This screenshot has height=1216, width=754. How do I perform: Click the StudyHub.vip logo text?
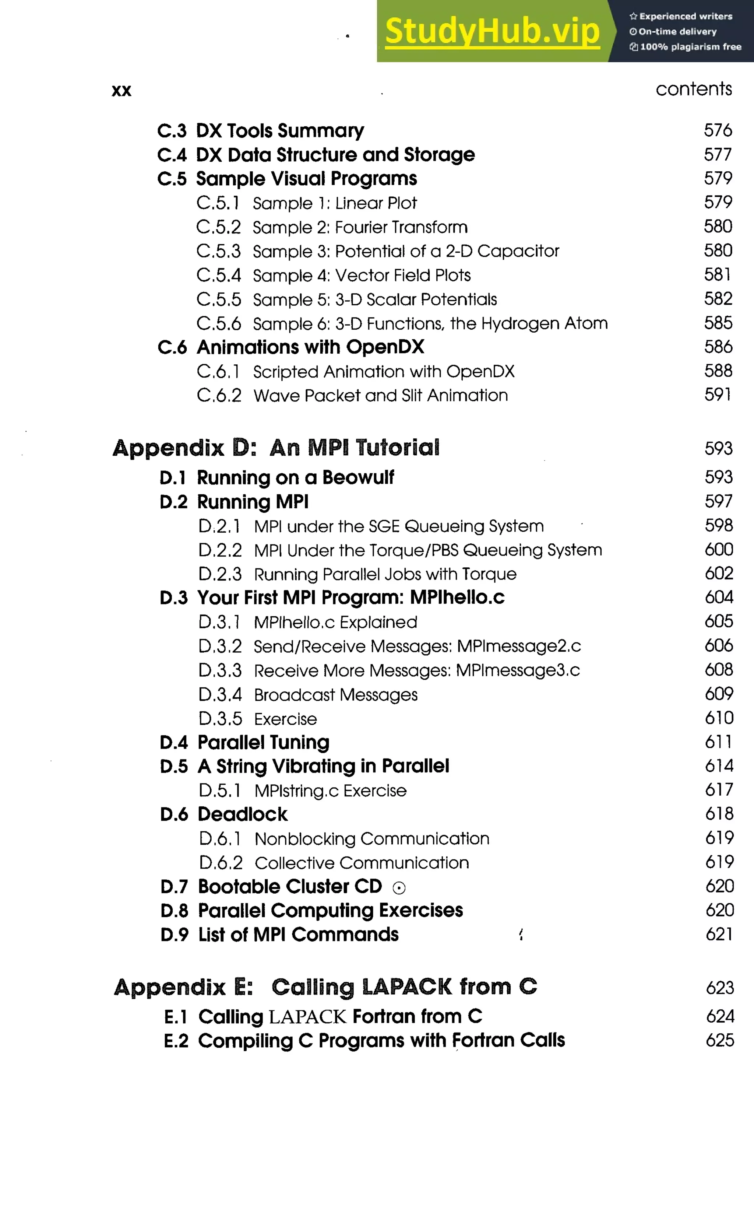[492, 31]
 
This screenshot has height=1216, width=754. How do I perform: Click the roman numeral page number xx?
[121, 91]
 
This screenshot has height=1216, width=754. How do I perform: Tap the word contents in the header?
[694, 89]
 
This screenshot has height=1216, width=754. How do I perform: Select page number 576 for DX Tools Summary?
[718, 131]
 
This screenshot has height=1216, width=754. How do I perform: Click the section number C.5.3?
[218, 251]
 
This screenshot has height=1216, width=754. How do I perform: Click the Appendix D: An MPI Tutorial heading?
[276, 448]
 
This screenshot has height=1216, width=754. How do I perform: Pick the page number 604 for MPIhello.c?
[719, 597]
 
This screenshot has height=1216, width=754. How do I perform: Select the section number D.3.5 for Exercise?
[220, 719]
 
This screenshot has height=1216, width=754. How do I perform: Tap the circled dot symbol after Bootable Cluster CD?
[399, 888]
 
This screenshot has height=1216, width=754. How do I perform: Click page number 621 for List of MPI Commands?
[719, 935]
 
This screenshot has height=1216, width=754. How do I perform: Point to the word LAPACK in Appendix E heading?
[407, 988]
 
